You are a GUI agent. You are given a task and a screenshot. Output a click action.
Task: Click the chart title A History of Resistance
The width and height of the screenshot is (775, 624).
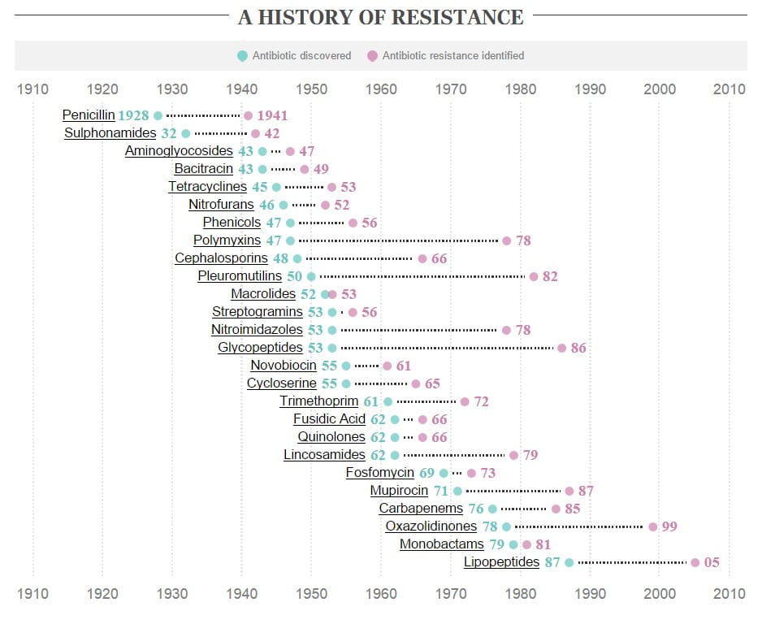[380, 17]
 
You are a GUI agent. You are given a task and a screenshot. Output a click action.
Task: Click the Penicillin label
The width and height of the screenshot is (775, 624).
[89, 115]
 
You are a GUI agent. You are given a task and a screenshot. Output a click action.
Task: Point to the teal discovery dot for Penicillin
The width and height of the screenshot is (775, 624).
[158, 115]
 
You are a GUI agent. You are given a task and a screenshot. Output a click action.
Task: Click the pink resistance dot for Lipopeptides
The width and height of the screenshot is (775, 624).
[695, 562]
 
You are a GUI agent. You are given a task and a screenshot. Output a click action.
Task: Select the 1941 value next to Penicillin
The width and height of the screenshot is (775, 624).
[272, 115]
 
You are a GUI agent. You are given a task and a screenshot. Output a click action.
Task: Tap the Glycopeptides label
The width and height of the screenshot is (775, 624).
[260, 348]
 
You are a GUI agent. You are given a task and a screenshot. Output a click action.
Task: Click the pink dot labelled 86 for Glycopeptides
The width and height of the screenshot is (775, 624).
[561, 348]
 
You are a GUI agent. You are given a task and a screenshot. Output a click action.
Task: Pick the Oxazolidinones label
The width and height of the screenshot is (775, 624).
[431, 526]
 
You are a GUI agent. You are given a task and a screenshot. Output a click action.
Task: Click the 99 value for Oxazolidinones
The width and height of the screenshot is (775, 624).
[669, 526]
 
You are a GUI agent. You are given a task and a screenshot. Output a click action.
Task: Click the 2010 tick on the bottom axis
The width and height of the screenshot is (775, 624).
[729, 594]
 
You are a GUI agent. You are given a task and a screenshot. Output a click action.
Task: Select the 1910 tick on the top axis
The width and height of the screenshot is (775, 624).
[32, 89]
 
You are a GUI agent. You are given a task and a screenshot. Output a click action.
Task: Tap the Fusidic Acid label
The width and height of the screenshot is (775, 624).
[329, 419]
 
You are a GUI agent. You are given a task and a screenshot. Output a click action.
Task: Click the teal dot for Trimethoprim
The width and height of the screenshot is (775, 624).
[387, 401]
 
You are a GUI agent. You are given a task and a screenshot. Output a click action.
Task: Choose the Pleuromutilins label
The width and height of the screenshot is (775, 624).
[240, 276]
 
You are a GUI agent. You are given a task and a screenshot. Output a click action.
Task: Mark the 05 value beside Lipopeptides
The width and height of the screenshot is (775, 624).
[712, 562]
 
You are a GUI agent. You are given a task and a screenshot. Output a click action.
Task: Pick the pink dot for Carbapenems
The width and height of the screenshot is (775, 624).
[556, 509]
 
